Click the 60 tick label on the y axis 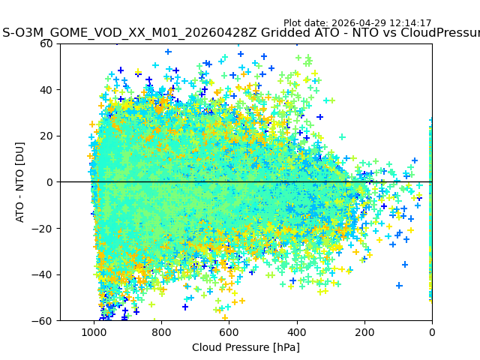(x=46, y=43)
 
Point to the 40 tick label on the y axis (x=46, y=90)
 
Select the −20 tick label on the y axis (x=42, y=228)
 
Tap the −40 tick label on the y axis (x=42, y=274)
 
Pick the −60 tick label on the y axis (x=42, y=321)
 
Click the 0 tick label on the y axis (x=49, y=182)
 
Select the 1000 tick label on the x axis (x=94, y=332)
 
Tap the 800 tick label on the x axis (x=162, y=332)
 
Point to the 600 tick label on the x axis (x=229, y=332)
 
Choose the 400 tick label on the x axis (x=297, y=332)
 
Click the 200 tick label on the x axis (x=364, y=332)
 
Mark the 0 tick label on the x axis (x=432, y=332)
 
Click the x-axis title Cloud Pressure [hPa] (x=246, y=347)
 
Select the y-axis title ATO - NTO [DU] (x=19, y=182)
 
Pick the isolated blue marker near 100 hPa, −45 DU (x=399, y=286)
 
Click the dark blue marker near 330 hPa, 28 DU (x=320, y=117)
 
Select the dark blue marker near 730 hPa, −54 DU (x=185, y=307)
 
